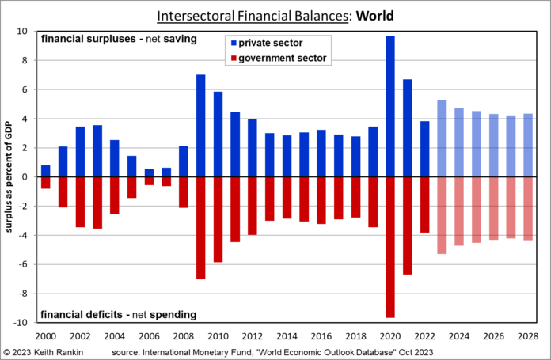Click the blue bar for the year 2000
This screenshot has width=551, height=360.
46,171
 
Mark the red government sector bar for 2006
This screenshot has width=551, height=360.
150,180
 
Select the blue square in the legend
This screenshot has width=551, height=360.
230,42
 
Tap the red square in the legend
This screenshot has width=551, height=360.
230,57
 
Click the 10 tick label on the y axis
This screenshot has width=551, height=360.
23,32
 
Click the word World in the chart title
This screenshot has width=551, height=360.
373,15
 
